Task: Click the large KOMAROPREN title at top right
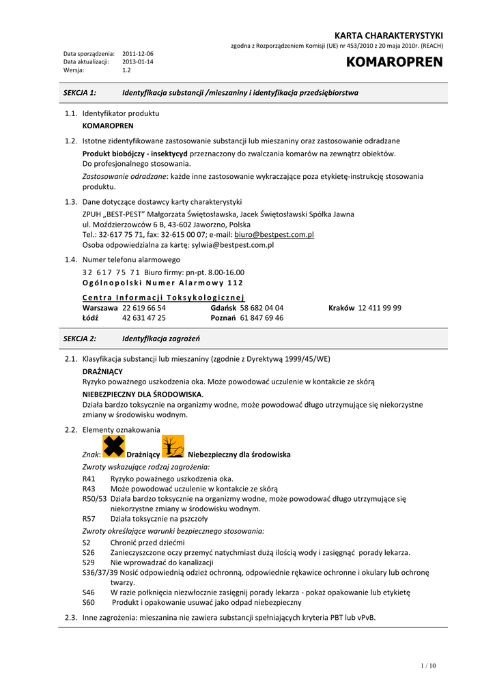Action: coord(395,63)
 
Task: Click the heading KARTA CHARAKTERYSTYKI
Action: coord(388,35)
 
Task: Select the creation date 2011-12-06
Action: coord(138,53)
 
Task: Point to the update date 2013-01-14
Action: coord(138,61)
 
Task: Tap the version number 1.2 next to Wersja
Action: coord(127,70)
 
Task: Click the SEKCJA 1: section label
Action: coord(80,92)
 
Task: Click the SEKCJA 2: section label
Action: coord(80,339)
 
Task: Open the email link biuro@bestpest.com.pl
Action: coord(274,234)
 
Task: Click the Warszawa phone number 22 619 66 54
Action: coord(144,308)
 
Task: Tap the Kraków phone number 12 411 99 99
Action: coord(380,308)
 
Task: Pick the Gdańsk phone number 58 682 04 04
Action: coord(261,308)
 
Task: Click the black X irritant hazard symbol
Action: coord(113,446)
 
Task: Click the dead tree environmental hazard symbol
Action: coord(173,446)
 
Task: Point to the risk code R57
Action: coord(89,518)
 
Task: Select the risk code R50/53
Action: coord(94,498)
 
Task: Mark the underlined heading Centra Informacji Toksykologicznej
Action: coord(163,298)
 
